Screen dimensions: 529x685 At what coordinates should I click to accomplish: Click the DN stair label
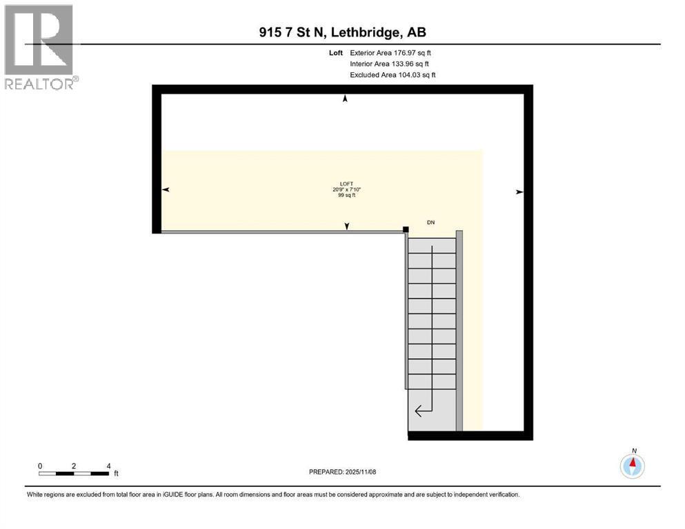click(x=431, y=222)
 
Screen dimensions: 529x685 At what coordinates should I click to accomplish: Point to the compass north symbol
click(x=633, y=465)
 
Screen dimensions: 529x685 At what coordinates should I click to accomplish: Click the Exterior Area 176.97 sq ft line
click(x=391, y=52)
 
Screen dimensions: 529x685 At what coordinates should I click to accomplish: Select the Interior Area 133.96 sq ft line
click(x=390, y=63)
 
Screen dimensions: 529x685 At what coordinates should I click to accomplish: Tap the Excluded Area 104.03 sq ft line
click(x=393, y=74)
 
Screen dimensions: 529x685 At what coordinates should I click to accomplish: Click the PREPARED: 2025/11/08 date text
click(x=342, y=472)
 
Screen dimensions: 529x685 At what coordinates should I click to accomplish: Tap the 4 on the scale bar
click(x=108, y=466)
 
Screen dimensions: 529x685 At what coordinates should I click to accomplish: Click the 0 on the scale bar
click(x=40, y=466)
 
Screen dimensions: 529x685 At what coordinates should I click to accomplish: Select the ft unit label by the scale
click(x=116, y=474)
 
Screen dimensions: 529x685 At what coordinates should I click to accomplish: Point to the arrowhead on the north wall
click(x=346, y=99)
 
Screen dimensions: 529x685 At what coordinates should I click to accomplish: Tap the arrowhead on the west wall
click(x=166, y=189)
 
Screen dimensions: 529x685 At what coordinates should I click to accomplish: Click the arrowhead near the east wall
click(x=519, y=192)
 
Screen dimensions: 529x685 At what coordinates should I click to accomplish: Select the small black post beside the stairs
click(x=406, y=230)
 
